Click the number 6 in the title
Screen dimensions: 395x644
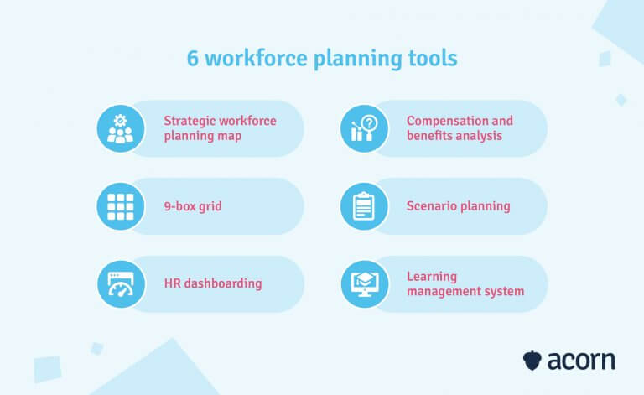[x=193, y=60]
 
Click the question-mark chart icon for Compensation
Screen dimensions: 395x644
[x=365, y=127]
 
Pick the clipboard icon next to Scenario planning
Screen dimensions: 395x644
[x=365, y=205]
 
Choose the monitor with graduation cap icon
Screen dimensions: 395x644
[x=365, y=283]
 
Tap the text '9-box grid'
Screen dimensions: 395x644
[x=193, y=205]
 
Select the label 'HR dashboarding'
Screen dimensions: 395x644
[x=213, y=283]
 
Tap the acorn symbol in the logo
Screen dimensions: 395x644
[x=532, y=361]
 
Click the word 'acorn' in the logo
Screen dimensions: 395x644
[x=581, y=361]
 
